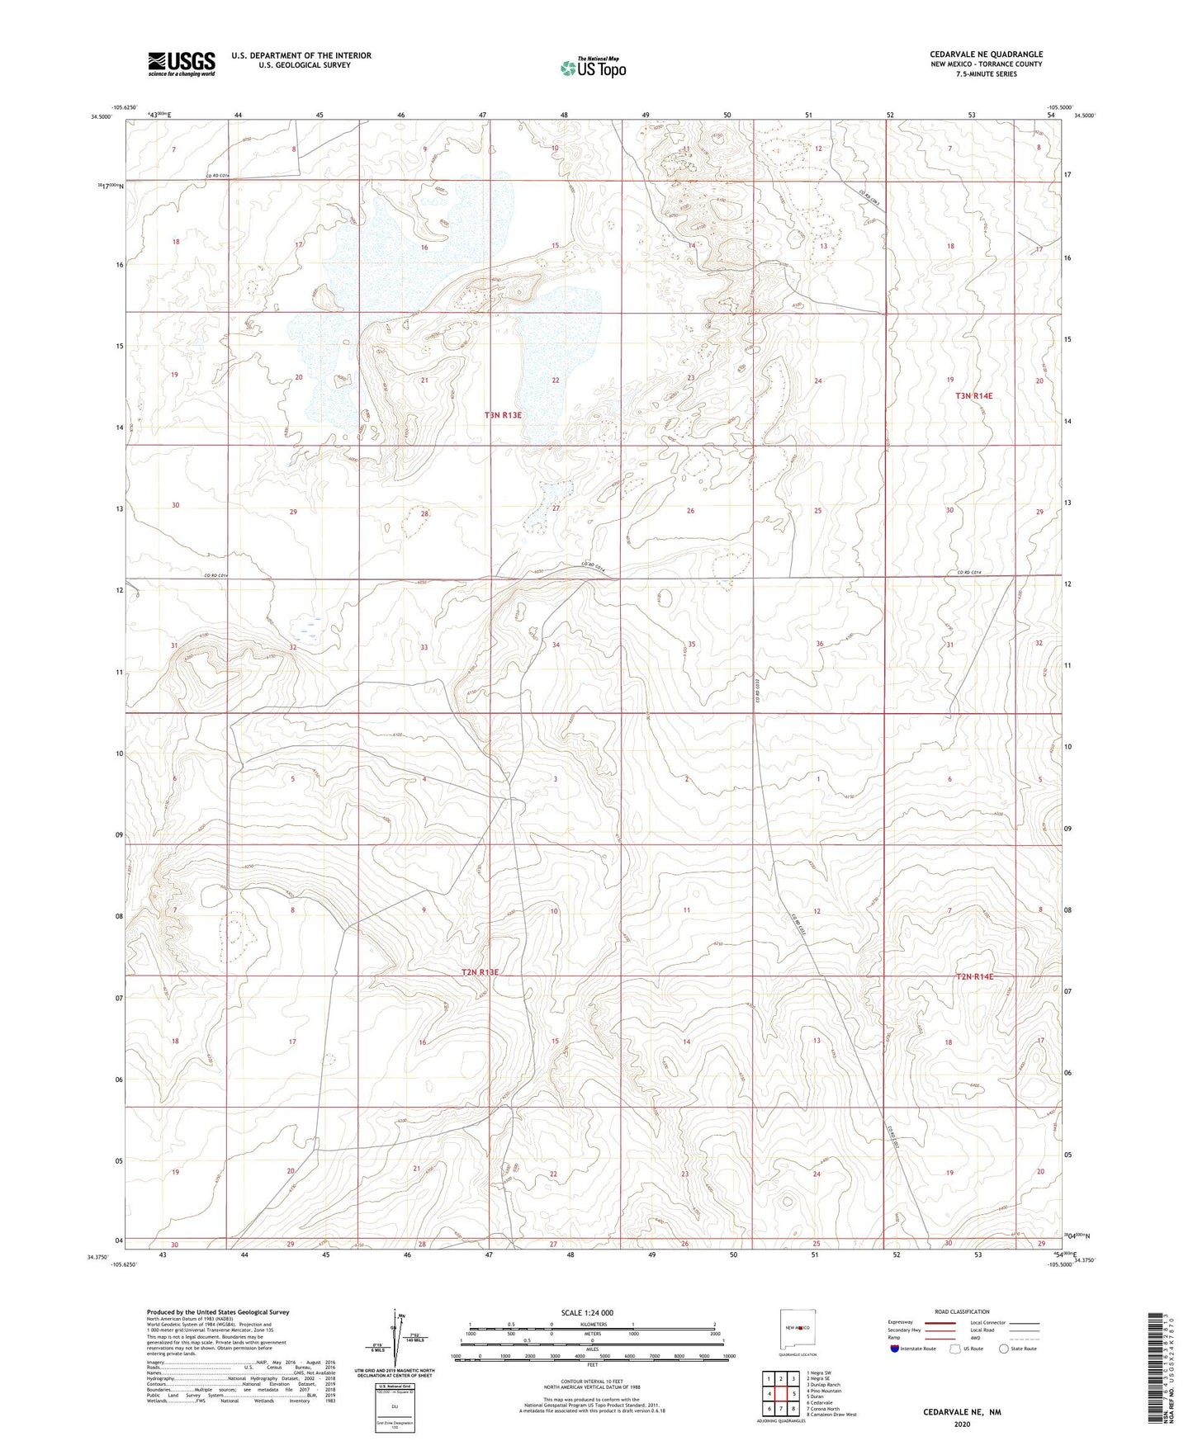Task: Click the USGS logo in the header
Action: pyautogui.click(x=182, y=64)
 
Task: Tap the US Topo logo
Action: pyautogui.click(x=592, y=68)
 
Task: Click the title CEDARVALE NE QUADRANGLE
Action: pyautogui.click(x=986, y=54)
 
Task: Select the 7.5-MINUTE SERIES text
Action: pyautogui.click(x=986, y=74)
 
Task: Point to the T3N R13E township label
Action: pyautogui.click(x=503, y=415)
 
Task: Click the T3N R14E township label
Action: pyautogui.click(x=973, y=396)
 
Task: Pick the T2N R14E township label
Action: pyautogui.click(x=974, y=976)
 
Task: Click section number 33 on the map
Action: pyautogui.click(x=424, y=648)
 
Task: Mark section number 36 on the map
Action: pyautogui.click(x=819, y=644)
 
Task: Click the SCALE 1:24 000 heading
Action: pyautogui.click(x=587, y=1312)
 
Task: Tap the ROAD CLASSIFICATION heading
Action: pyautogui.click(x=962, y=1311)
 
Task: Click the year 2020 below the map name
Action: pyautogui.click(x=961, y=1424)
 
